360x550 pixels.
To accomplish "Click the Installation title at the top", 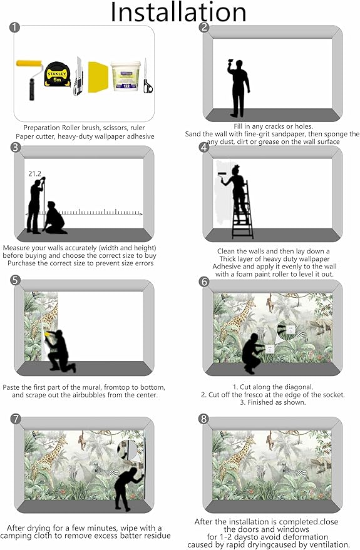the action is pos(178,12).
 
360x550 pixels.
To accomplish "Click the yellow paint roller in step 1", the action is pos(30,79).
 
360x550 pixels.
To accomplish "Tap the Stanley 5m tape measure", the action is pos(57,74).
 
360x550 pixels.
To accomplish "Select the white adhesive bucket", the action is pos(125,76).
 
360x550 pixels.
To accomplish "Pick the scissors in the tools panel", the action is pos(147,77).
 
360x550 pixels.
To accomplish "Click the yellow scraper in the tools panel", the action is pos(97,77).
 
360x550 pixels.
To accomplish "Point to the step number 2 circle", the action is pos(204,28).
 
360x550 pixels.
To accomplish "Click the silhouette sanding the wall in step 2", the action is pos(239,88).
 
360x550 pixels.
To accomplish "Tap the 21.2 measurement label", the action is pos(34,173).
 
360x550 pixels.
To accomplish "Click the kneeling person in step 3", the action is pos(54,218).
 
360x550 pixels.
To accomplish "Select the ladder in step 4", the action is pos(242,210).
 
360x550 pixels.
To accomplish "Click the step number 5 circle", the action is pos(16,280).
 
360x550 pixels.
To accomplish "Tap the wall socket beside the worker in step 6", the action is pos(269,349).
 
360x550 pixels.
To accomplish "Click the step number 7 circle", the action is pos(16,419).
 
